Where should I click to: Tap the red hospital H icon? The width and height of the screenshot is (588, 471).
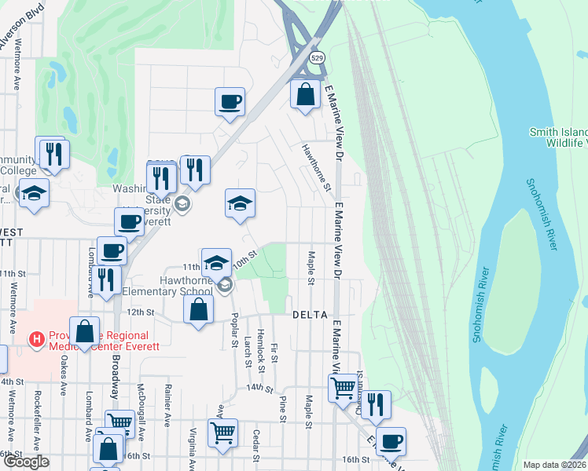(35, 339)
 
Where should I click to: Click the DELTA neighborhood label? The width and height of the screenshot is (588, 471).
(309, 315)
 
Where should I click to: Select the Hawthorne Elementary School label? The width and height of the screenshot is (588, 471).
(174, 285)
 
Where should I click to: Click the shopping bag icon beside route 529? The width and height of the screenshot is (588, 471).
(305, 95)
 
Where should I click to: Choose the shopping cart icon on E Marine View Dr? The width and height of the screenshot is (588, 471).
(343, 388)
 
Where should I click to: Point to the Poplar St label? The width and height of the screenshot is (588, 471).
(233, 329)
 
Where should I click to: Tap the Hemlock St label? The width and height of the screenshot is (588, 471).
(260, 345)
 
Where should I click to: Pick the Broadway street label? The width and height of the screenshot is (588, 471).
(115, 374)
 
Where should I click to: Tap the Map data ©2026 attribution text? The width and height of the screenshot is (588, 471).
(554, 465)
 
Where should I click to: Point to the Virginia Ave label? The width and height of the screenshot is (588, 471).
(192, 445)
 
